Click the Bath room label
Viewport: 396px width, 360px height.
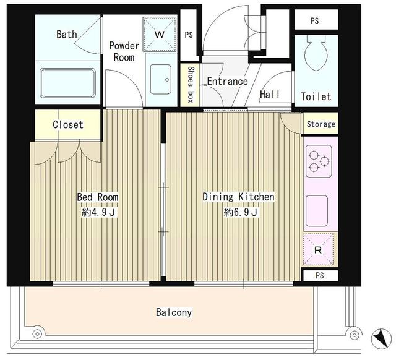tap(67, 34)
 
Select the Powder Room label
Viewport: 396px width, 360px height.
tap(124, 51)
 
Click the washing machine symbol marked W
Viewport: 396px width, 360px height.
tap(160, 34)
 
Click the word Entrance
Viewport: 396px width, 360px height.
tap(226, 82)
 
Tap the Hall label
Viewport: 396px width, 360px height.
tap(270, 95)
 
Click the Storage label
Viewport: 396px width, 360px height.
tap(321, 124)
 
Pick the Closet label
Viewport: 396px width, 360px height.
tap(67, 124)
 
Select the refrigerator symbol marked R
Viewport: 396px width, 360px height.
tap(318, 250)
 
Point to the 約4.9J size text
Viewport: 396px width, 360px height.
tap(97, 213)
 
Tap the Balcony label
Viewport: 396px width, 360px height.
tap(174, 312)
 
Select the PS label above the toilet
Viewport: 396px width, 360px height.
tap(315, 20)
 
